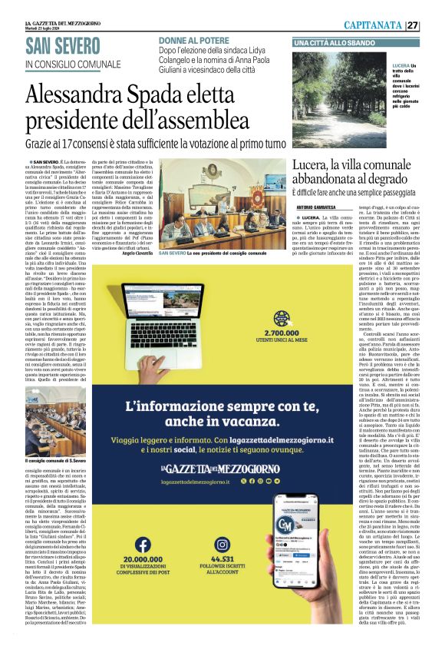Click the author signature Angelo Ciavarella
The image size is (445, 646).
click(x=137, y=253)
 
